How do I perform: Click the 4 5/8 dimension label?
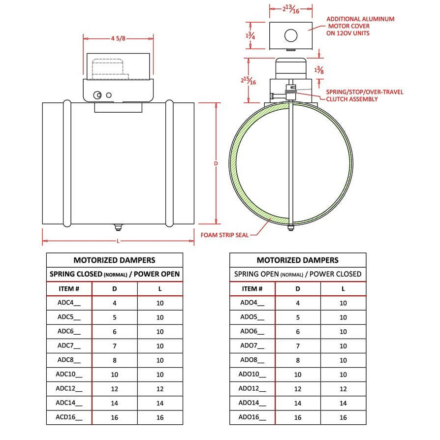click(118, 37)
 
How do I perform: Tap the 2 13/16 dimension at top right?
click(291, 9)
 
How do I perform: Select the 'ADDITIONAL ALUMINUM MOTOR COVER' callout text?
click(360, 26)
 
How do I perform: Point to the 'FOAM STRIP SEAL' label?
click(224, 235)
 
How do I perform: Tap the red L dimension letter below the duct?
click(118, 241)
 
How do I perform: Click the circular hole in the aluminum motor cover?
click(291, 35)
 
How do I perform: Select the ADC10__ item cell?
click(69, 375)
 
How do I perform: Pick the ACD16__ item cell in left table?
click(69, 417)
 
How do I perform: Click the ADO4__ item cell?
click(252, 303)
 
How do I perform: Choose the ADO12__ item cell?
click(252, 389)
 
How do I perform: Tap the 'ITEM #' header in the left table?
click(69, 288)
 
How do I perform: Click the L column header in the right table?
click(343, 288)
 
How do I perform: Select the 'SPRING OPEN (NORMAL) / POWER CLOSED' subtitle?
click(298, 274)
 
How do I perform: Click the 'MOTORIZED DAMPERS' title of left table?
click(114, 260)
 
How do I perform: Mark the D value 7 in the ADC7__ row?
click(114, 346)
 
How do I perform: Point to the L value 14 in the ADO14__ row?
click(343, 403)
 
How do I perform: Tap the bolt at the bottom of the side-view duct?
click(118, 227)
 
